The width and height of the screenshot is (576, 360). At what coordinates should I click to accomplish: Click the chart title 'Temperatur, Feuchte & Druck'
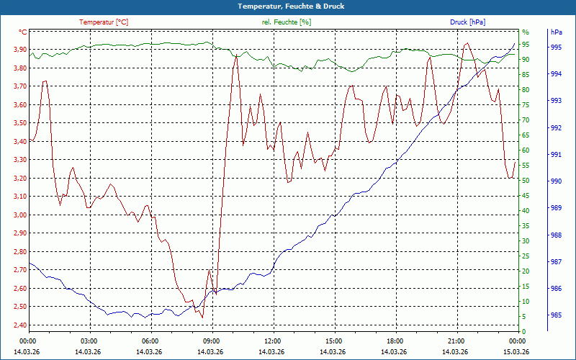287,6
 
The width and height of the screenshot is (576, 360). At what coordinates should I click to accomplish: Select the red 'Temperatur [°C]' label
104,22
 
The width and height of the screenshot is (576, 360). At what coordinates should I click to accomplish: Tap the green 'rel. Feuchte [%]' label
287,22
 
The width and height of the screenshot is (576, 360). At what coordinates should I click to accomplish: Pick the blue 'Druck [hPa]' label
467,22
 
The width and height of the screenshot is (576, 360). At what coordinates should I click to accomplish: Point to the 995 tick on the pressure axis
556,47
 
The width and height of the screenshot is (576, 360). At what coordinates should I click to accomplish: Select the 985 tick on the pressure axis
556,315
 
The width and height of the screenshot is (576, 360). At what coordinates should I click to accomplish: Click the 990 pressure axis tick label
556,181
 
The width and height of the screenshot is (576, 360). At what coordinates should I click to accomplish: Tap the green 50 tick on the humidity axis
526,181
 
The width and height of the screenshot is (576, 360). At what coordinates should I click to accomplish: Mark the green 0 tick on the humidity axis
524,332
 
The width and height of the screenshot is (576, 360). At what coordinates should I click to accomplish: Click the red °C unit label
23,32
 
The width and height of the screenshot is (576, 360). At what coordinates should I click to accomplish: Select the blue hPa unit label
556,32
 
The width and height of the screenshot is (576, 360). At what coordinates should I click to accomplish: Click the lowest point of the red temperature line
202,317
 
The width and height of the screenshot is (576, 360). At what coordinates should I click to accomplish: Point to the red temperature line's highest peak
467,43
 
